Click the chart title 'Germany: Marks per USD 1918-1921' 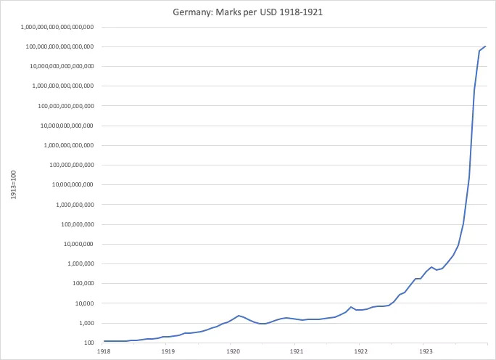pos(248,12)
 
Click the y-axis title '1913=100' pos(12,185)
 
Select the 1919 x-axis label pos(168,351)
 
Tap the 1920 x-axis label pos(232,351)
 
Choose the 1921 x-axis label pos(296,351)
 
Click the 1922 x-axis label pos(360,351)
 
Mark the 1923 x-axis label pos(424,351)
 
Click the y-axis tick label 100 pos(89,343)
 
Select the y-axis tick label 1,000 pos(86,323)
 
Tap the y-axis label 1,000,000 pos(78,263)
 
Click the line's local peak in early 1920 pos(239,316)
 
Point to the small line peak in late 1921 pos(351,307)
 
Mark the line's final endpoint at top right pos(486,46)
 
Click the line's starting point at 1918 pos(104,341)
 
